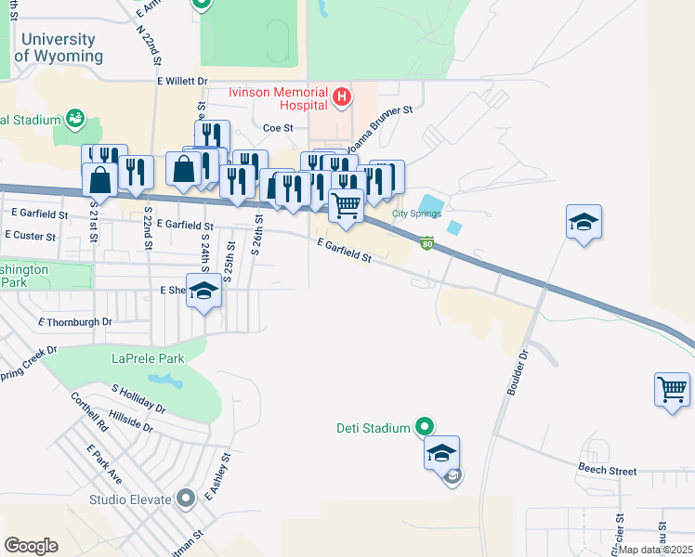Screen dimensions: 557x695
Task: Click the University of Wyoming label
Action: tap(59, 47)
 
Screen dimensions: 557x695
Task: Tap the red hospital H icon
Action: tap(342, 96)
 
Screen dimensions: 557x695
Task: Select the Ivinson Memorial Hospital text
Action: tap(278, 99)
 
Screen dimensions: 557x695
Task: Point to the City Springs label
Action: tap(414, 214)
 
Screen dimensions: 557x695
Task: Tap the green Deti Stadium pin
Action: tap(425, 427)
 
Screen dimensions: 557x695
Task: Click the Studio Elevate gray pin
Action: tap(186, 499)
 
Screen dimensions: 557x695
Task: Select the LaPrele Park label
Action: tap(147, 357)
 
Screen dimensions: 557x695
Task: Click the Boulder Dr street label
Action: tap(517, 372)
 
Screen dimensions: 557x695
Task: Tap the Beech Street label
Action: tap(607, 471)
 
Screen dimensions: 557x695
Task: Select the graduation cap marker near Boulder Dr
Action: tap(584, 222)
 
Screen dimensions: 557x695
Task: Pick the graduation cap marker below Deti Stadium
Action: tap(441, 453)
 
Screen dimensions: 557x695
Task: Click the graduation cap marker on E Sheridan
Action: tap(204, 291)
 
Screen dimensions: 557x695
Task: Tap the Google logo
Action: tap(31, 546)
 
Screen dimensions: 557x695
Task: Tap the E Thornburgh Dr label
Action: tap(74, 322)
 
